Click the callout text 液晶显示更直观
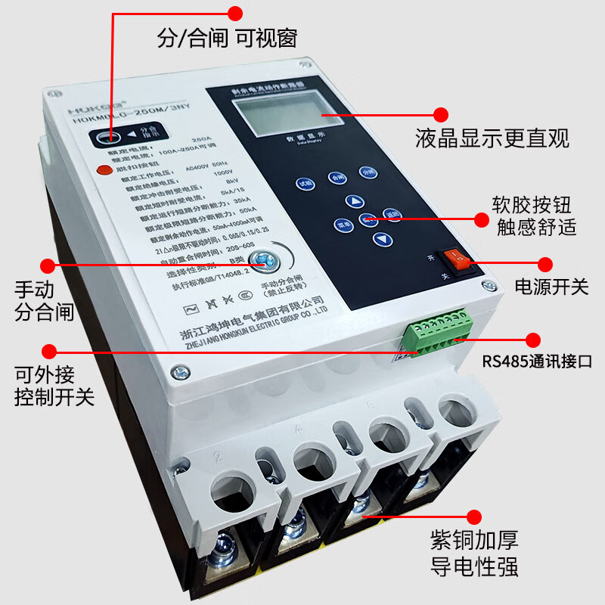coord(492,138)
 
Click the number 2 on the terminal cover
coord(220,455)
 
